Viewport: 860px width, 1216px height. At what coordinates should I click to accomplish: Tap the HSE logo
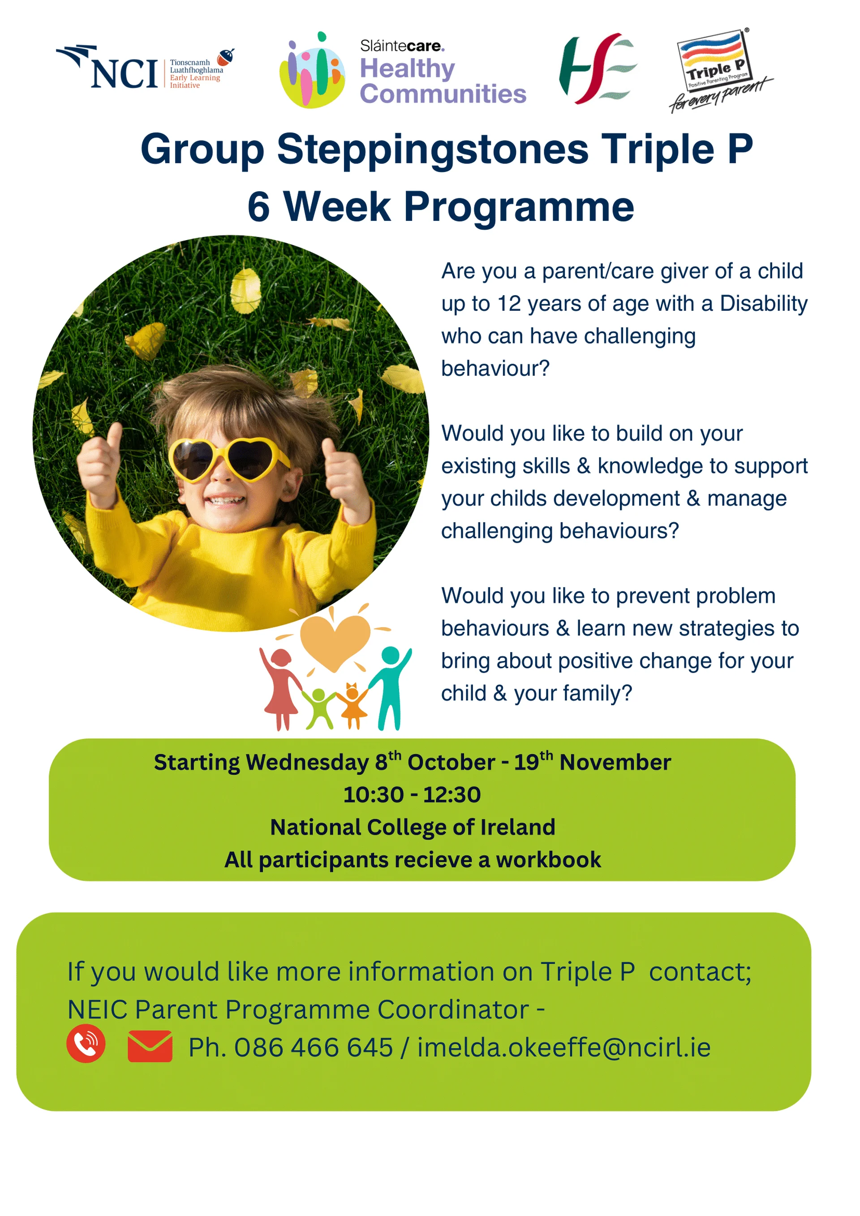[x=598, y=69]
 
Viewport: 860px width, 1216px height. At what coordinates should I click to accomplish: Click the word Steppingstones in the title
[x=432, y=149]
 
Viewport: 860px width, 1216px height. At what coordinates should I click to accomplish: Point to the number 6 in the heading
[x=258, y=206]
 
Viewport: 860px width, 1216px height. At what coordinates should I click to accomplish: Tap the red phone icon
[x=86, y=1044]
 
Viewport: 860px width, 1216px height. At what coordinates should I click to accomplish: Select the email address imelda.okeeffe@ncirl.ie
[x=564, y=1048]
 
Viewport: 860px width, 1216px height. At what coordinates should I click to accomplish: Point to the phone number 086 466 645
[x=314, y=1048]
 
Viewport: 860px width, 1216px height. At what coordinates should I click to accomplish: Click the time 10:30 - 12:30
[x=412, y=795]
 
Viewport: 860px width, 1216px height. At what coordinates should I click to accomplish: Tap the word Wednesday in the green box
[x=307, y=763]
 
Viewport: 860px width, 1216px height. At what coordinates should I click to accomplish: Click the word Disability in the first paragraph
[x=764, y=304]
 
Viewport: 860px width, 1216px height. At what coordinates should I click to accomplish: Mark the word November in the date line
[x=615, y=763]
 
